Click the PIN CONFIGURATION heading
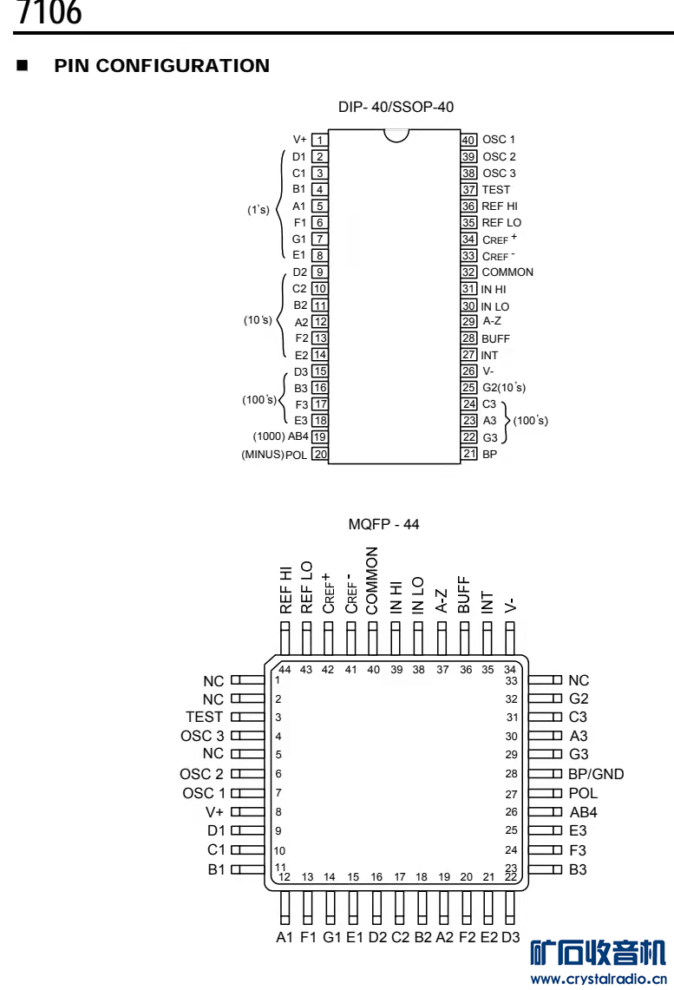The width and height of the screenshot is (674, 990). (x=161, y=66)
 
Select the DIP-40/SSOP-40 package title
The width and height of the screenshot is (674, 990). (x=396, y=107)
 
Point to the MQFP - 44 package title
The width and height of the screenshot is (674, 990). (x=383, y=524)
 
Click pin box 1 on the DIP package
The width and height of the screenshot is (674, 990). (x=320, y=140)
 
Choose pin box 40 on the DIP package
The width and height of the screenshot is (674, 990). (x=468, y=140)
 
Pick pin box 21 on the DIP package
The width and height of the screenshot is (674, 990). (x=468, y=454)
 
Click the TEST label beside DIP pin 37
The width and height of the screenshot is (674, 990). (x=496, y=189)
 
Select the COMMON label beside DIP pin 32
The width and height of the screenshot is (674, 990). (x=507, y=272)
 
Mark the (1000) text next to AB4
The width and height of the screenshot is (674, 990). (x=268, y=437)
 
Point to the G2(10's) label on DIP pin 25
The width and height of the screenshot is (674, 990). (x=503, y=388)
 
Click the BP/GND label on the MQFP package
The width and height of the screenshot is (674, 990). (x=596, y=774)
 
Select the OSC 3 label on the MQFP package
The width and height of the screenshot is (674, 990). (x=202, y=736)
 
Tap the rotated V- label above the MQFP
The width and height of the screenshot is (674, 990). (x=510, y=603)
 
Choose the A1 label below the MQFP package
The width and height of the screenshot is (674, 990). (x=285, y=937)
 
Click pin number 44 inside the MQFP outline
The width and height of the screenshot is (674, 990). (x=285, y=668)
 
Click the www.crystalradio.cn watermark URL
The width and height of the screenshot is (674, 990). (x=598, y=979)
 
